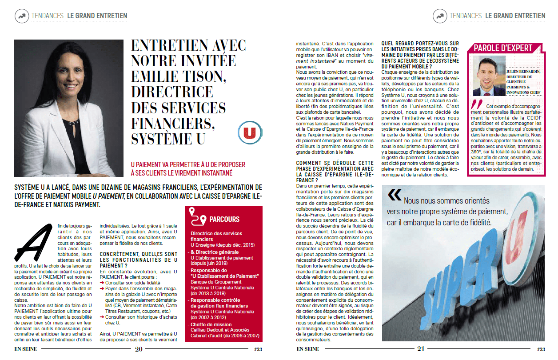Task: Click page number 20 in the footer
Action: click(x=139, y=349)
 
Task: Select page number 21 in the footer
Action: click(x=421, y=349)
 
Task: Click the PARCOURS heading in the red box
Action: click(x=224, y=219)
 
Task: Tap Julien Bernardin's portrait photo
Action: click(x=489, y=76)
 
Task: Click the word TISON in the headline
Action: click(x=199, y=76)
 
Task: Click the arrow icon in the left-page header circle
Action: click(x=21, y=16)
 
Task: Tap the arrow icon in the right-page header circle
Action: click(x=439, y=16)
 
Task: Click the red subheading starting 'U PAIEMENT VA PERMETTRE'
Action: click(x=188, y=168)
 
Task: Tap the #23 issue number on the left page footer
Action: click(x=258, y=349)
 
